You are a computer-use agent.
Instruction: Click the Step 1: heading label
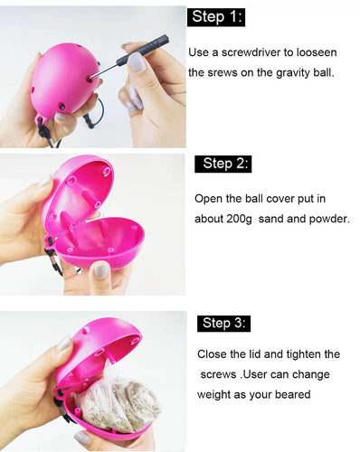click(216, 17)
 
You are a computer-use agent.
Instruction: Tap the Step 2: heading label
click(223, 164)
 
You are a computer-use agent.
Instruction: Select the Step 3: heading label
click(223, 324)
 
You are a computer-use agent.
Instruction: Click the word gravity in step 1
click(293, 73)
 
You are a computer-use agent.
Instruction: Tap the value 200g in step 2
click(239, 219)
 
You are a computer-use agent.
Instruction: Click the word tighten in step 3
click(304, 354)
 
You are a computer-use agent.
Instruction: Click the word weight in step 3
click(213, 394)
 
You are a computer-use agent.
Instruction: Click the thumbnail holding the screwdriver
click(137, 61)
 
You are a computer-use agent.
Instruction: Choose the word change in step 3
click(311, 374)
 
